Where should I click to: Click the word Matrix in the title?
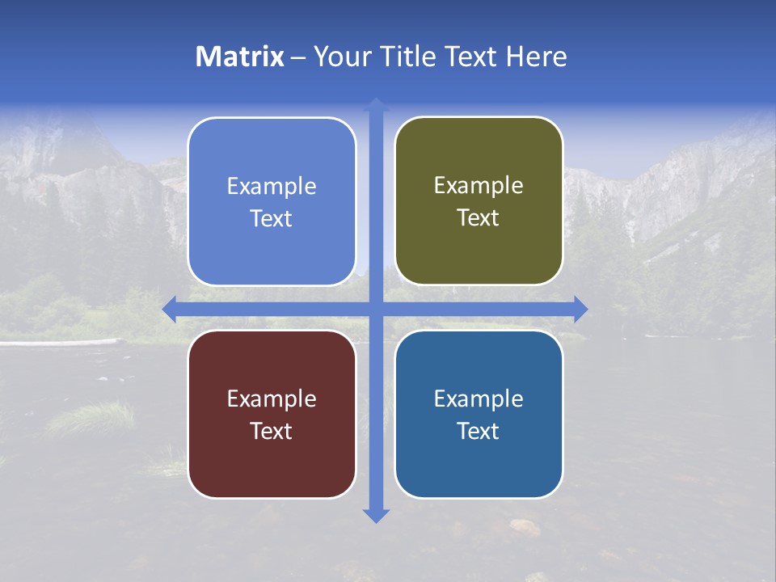pos(240,57)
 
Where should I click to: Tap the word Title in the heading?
pos(408,57)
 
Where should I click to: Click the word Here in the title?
pos(536,57)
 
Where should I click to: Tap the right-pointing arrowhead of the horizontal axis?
pos(580,309)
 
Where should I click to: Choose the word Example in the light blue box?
pos(272,187)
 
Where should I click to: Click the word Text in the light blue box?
pos(272,218)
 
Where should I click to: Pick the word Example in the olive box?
pos(479,186)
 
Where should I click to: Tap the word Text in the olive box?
pos(479,218)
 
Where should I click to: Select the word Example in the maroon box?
pos(272,399)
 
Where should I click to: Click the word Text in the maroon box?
pos(272,431)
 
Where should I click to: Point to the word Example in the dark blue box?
pos(479,399)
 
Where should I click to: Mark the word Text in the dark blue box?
pos(479,431)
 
